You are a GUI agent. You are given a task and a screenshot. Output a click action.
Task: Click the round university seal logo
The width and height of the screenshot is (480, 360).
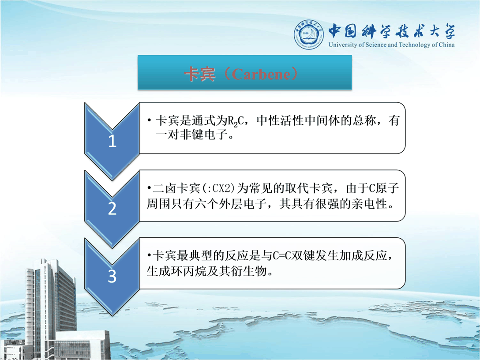309,34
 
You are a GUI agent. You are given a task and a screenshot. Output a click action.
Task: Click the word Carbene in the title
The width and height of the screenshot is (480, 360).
260,74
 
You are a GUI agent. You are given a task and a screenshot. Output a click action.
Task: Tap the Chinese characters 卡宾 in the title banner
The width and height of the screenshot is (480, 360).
199,74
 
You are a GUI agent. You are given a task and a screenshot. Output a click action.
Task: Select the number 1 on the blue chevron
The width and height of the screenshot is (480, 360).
112,141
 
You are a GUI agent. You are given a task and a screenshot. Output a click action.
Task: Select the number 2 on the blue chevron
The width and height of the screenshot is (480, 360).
112,209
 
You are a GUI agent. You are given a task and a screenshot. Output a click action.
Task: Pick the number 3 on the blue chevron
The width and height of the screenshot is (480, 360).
112,276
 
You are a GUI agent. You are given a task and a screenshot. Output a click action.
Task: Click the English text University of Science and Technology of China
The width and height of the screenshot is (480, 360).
391,45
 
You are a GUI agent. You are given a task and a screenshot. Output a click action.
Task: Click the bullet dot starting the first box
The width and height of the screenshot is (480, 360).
149,120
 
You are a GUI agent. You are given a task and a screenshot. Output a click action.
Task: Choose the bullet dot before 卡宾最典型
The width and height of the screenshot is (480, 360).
149,255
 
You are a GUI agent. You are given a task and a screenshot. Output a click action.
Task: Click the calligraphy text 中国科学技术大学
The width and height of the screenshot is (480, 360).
392,31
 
